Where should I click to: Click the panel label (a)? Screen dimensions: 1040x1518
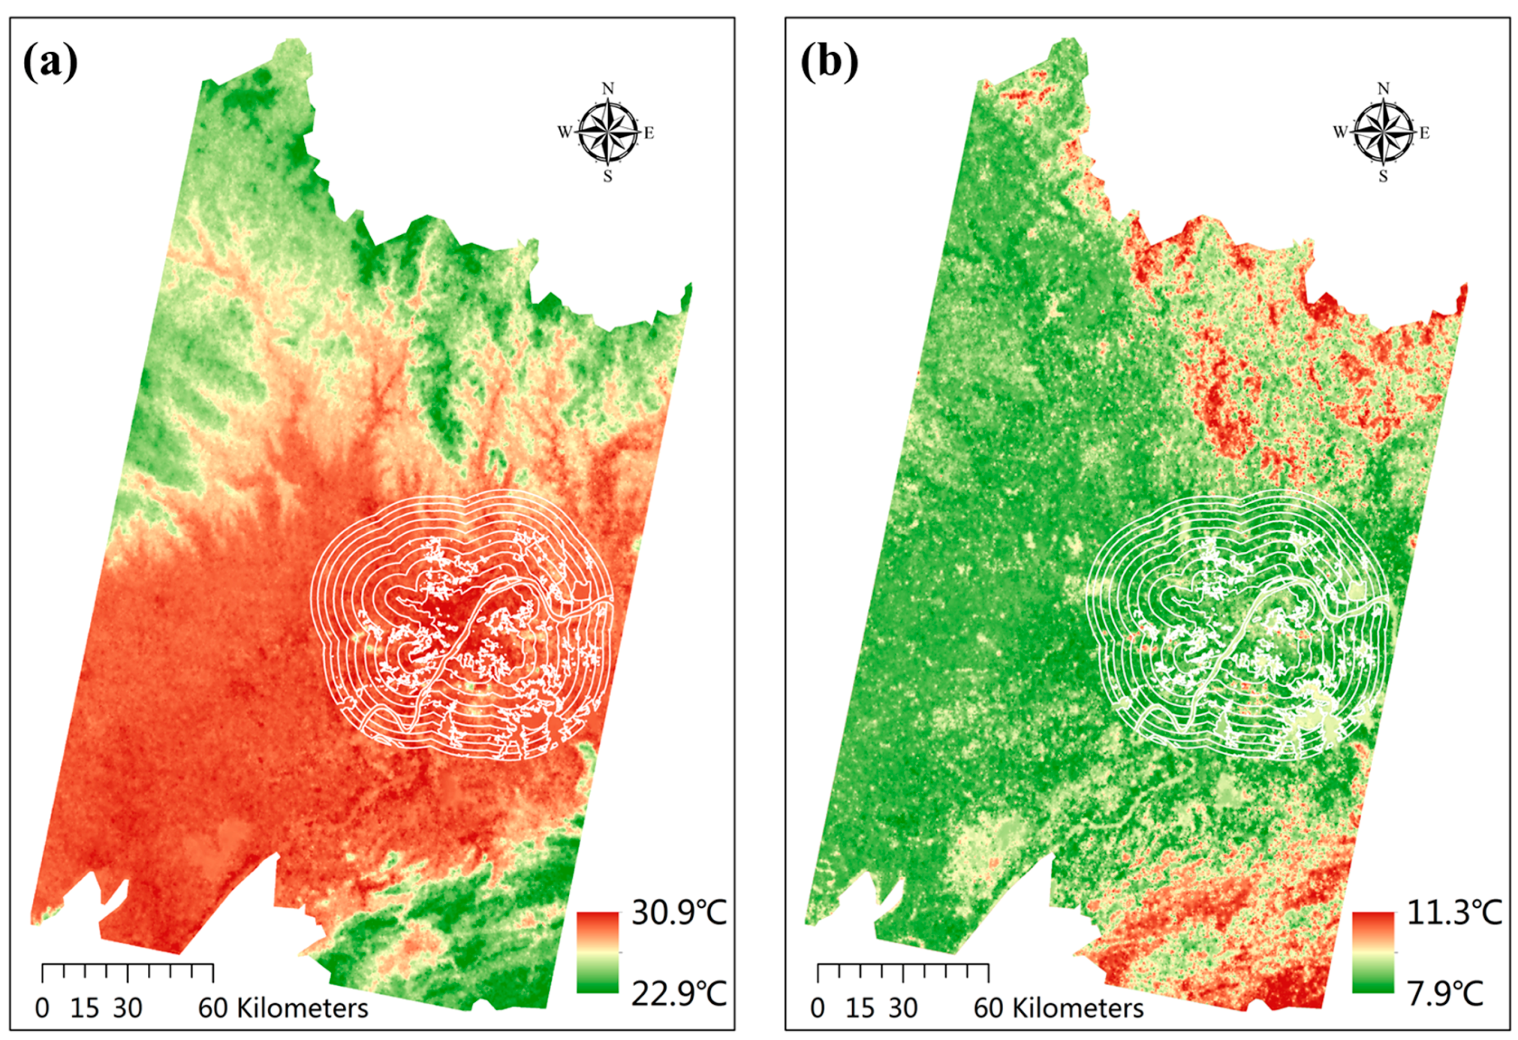point(51,63)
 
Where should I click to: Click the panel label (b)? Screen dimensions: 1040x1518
point(829,63)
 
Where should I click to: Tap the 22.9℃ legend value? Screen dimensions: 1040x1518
point(678,994)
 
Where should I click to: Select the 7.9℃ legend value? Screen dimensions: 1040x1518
point(1445,994)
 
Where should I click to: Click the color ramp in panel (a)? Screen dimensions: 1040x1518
point(597,952)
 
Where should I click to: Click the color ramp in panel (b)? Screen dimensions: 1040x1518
point(1372,952)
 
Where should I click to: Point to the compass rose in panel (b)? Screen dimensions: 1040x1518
point(1383,133)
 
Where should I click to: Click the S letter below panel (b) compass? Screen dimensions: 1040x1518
point(1383,177)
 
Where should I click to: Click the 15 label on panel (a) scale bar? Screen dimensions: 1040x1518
point(84,1009)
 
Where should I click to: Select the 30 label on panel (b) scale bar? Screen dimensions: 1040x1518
point(903,1009)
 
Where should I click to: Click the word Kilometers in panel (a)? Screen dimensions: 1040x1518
point(302,1009)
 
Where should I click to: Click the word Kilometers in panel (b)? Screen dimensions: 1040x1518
point(1078,1009)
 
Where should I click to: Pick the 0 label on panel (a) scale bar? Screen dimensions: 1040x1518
point(43,1009)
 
